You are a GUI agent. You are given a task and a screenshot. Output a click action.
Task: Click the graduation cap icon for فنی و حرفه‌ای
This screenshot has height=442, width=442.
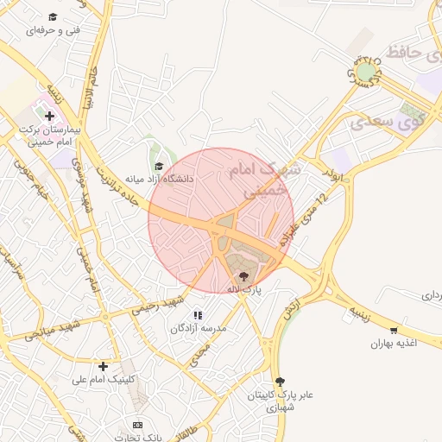[53, 17]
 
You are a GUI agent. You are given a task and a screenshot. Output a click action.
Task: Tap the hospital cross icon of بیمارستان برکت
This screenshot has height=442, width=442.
[49, 115]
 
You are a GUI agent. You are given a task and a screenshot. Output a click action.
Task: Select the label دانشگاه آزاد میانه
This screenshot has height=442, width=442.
[160, 179]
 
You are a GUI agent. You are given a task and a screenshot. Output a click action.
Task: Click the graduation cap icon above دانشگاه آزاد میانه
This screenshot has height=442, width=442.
[158, 167]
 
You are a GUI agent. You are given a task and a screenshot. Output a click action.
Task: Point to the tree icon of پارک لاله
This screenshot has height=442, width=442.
[244, 277]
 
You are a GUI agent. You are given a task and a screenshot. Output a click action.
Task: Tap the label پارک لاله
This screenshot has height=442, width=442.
[243, 290]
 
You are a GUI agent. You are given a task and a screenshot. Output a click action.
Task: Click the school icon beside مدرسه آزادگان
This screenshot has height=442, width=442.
[198, 316]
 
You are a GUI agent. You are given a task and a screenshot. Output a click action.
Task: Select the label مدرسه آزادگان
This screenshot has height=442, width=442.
[198, 329]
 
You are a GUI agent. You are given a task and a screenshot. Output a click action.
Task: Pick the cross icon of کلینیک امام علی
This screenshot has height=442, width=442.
[104, 366]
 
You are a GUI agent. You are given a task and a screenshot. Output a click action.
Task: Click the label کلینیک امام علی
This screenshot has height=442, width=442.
[104, 379]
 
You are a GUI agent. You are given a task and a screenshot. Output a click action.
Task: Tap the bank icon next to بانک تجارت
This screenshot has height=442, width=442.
[137, 425]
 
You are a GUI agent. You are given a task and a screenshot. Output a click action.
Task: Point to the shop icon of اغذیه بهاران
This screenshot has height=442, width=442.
[395, 331]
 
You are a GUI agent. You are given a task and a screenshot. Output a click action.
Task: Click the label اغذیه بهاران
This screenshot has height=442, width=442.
[395, 344]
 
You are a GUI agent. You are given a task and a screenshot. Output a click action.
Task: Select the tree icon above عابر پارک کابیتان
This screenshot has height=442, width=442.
[279, 381]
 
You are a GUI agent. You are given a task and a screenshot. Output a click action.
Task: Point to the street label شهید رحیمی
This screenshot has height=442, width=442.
[157, 303]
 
